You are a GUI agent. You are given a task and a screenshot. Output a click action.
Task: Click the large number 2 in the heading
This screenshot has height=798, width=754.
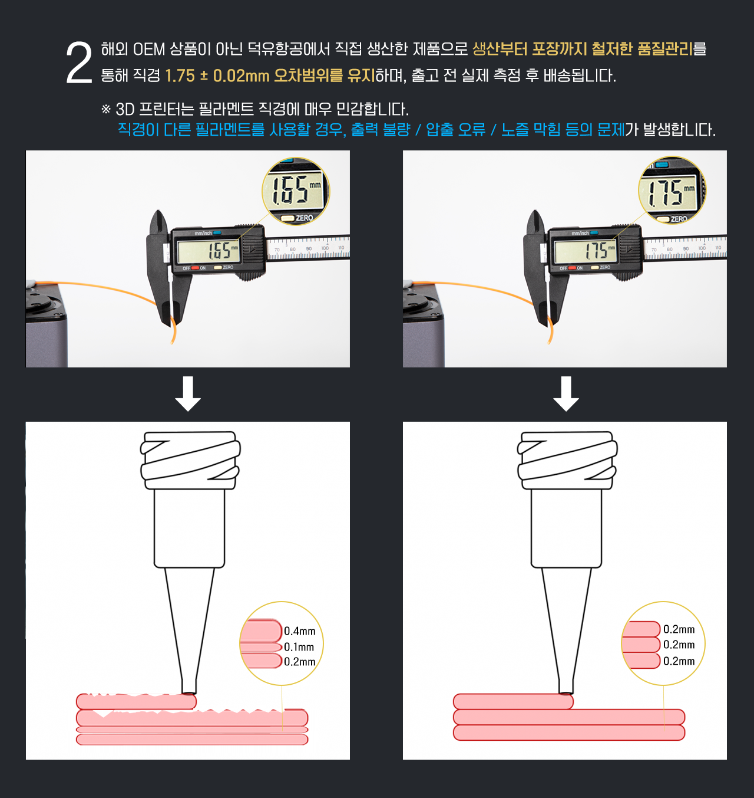(79, 63)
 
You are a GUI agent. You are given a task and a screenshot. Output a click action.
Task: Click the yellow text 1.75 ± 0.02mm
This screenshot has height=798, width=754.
(217, 76)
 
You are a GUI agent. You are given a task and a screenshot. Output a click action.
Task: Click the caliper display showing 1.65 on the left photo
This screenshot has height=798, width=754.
(209, 252)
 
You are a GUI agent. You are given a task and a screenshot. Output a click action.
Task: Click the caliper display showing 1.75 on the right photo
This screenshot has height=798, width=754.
(586, 252)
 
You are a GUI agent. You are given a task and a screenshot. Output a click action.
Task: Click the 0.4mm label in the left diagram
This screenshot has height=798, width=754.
(300, 631)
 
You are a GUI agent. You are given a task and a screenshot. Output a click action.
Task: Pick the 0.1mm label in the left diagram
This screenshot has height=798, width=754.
(299, 647)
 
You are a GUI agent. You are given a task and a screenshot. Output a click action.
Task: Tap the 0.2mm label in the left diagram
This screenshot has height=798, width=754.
(300, 662)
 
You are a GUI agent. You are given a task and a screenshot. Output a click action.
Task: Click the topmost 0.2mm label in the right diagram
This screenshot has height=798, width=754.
(679, 629)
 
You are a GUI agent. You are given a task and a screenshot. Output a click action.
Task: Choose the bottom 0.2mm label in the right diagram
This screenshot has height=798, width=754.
(679, 661)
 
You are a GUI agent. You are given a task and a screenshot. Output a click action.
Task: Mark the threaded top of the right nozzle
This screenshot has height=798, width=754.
(567, 460)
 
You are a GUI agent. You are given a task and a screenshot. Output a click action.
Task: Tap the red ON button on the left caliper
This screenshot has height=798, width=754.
(195, 268)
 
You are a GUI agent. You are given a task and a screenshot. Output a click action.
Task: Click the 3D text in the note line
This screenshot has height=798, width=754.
(125, 110)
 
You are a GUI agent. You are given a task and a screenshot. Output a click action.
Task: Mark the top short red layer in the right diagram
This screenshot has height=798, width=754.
(512, 701)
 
